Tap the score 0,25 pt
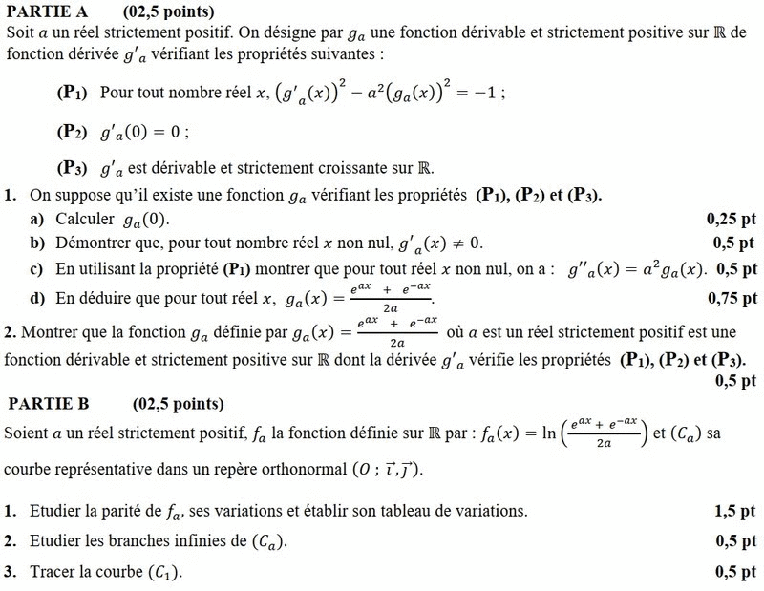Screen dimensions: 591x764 pos(730,219)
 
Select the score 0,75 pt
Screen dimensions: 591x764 pos(732,299)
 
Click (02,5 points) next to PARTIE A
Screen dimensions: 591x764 pos(168,12)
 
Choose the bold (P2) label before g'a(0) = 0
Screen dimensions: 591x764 pos(72,131)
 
